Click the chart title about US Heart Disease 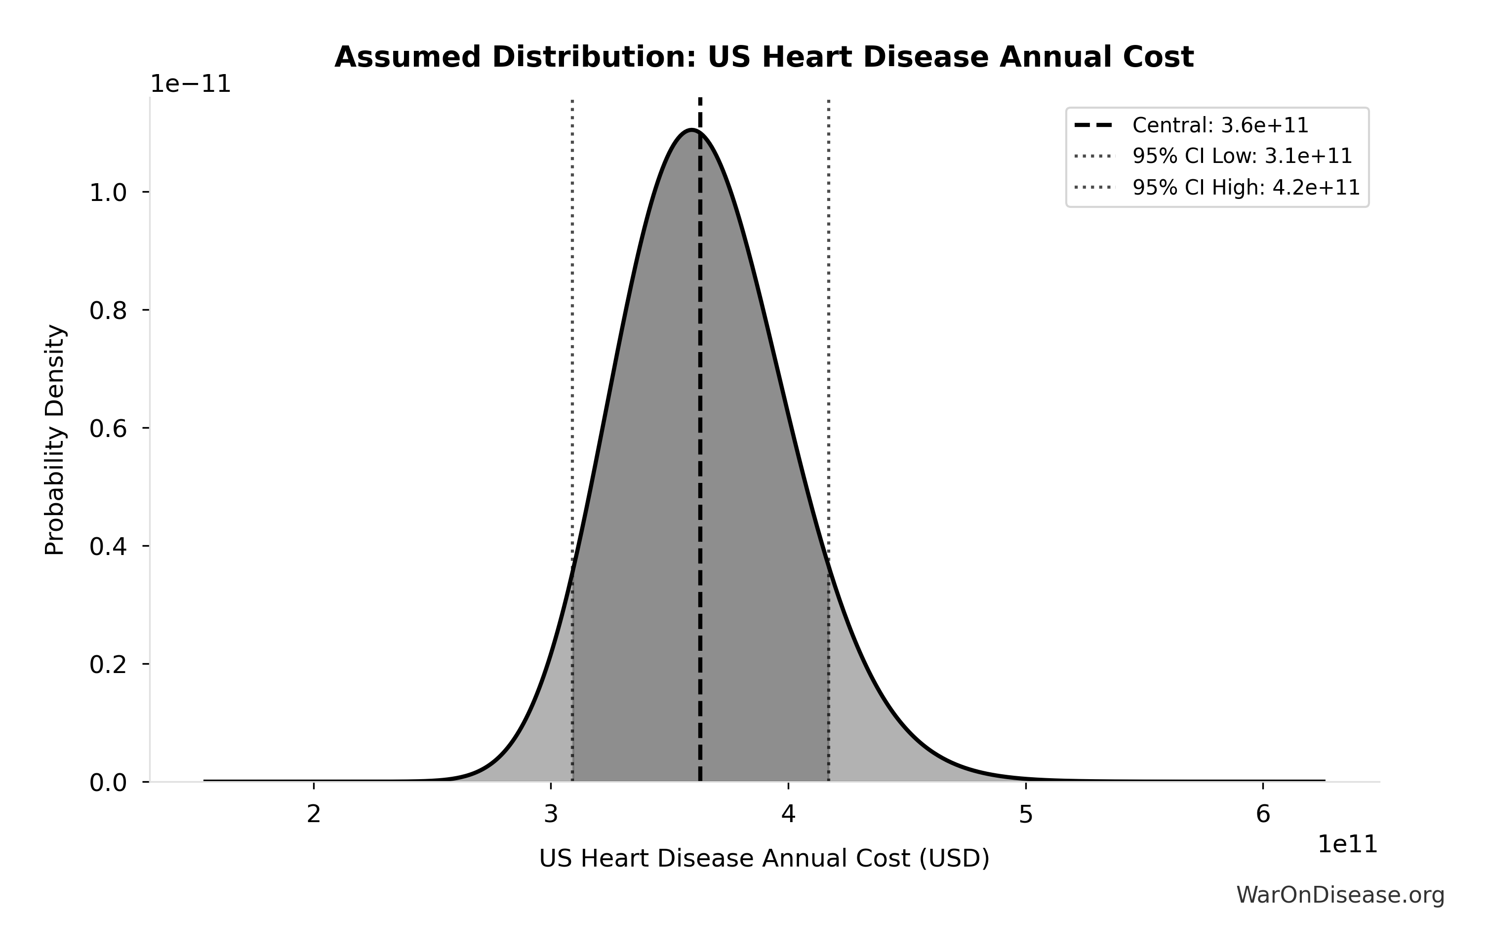[764, 58]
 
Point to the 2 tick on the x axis [314, 815]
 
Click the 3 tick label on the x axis [551, 815]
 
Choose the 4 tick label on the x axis [788, 815]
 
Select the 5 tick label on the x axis [1026, 815]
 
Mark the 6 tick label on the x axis [1263, 815]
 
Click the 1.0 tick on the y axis [108, 193]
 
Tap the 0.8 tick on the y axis [108, 311]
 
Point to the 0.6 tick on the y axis [108, 429]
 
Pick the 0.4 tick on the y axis [108, 547]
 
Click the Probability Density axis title [55, 440]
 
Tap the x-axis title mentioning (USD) [764, 859]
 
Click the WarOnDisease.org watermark [1340, 895]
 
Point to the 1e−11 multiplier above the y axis [191, 85]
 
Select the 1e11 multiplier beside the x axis [1348, 844]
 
